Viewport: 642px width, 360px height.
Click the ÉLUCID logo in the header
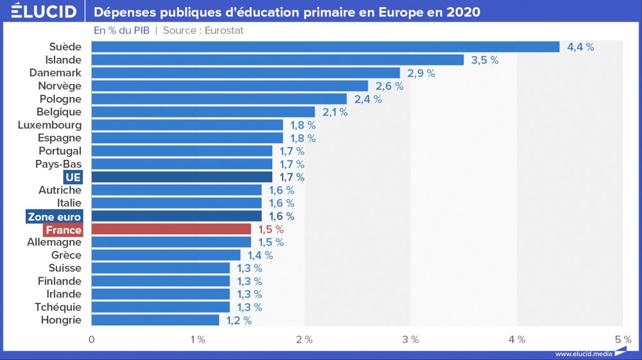43,12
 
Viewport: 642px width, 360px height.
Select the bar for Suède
325,47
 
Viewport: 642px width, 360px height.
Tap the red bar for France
171,229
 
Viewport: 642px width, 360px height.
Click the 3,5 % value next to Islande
485,60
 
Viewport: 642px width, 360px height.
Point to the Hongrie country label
61,320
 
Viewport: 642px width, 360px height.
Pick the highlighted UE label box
73,177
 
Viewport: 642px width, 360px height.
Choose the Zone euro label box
55,216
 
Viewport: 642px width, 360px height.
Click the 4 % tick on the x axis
517,339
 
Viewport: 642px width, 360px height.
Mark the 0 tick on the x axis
92,339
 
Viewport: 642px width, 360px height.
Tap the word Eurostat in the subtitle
223,31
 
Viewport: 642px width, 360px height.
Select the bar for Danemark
246,73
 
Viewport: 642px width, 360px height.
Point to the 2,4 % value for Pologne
369,99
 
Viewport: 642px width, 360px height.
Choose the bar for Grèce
166,255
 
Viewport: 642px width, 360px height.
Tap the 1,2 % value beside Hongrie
239,320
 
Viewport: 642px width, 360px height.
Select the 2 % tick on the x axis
304,339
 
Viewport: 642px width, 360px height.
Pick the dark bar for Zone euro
177,216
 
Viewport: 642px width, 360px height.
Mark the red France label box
63,230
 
